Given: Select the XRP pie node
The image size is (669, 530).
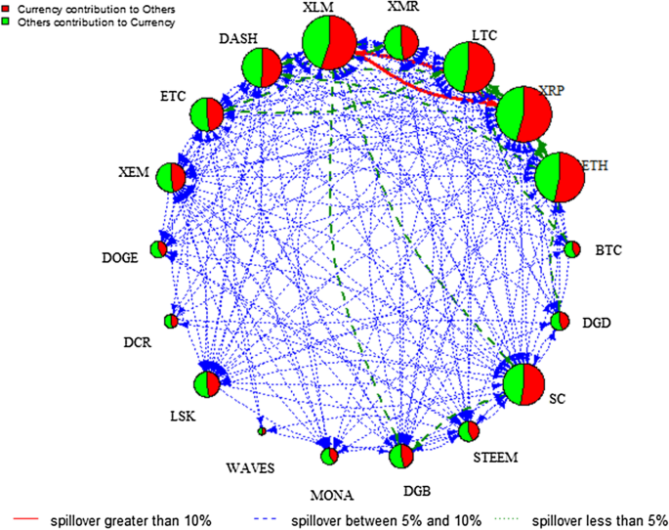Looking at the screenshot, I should (524, 113).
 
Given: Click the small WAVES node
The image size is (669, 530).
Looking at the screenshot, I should (261, 430).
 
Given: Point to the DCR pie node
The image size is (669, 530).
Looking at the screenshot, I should (171, 321).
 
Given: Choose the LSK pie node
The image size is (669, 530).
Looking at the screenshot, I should (207, 383).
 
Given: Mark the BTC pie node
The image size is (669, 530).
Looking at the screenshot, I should (572, 249).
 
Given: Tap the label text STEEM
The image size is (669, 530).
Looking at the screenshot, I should (496, 457).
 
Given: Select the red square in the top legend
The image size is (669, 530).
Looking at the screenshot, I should (7, 9).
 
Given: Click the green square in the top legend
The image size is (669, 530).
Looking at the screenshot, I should (7, 21).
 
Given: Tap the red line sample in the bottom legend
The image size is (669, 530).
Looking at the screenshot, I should (27, 517).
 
